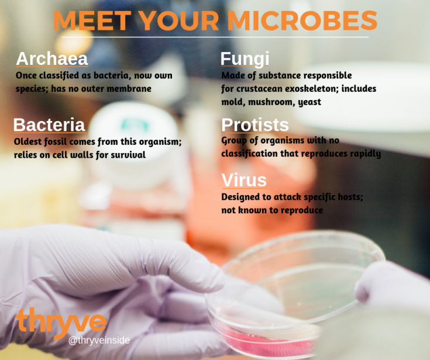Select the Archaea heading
tap(52, 58)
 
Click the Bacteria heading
tap(49, 124)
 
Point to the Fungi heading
tap(245, 58)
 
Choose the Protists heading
tap(255, 124)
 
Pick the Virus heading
tap(243, 179)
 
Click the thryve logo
tap(61, 323)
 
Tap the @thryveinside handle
tap(99, 340)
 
